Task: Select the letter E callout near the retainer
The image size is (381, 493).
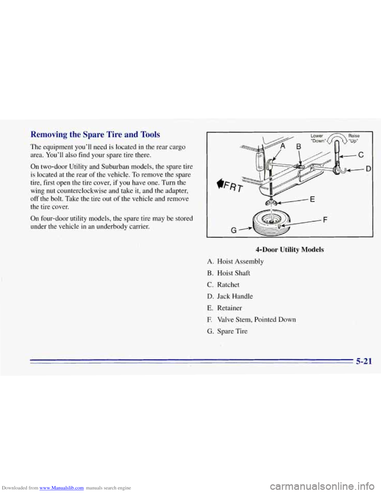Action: coord(312,200)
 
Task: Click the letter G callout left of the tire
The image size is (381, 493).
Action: coord(233,229)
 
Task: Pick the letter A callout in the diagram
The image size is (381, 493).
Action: coord(283,145)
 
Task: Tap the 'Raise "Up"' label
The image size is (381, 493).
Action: coord(353,138)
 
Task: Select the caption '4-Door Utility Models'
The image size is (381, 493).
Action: coord(290,249)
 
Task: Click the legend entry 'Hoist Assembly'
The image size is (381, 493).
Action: coord(240,261)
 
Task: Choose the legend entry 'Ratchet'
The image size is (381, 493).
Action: coord(228,285)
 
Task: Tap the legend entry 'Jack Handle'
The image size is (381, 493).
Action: coord(235,296)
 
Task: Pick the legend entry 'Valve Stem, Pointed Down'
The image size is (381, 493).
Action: coord(256,320)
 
